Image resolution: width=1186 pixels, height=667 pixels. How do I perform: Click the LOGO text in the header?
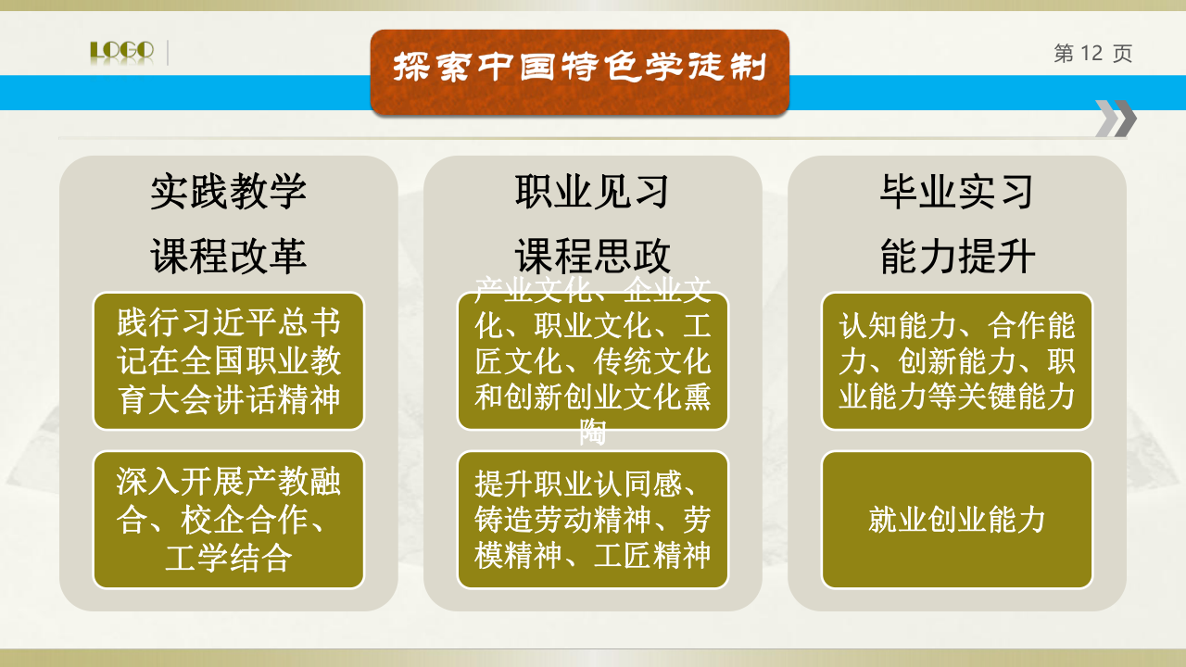122,50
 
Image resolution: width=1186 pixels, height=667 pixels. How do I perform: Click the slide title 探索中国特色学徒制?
580,68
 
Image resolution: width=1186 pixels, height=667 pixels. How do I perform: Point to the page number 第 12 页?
1092,54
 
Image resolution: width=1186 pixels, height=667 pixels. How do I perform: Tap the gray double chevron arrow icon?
1116,118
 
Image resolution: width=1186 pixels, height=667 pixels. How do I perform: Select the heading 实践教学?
228,191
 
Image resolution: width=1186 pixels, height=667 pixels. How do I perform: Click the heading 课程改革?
228,256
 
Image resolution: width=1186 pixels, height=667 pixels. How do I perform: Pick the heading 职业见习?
592,191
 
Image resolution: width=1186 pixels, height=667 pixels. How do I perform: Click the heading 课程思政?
592,256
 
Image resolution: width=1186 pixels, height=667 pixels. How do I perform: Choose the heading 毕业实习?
957,191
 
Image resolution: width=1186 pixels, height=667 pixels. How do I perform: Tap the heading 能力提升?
957,256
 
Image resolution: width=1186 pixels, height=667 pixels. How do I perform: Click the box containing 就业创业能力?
957,520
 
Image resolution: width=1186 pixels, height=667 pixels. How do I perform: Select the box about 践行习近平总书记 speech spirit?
228,361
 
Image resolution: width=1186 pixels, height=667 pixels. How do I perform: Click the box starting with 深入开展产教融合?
228,520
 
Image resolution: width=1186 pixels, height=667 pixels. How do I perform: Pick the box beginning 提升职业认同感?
592,520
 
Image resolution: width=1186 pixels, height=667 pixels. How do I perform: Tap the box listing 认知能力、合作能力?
957,361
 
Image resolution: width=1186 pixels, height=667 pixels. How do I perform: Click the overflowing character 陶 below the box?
592,432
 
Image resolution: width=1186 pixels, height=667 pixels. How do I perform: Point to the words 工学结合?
228,558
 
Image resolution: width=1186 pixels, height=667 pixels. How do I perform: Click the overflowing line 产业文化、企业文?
592,289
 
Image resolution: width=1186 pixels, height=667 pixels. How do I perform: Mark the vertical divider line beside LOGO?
168,53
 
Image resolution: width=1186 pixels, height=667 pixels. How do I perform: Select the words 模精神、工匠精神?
592,555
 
